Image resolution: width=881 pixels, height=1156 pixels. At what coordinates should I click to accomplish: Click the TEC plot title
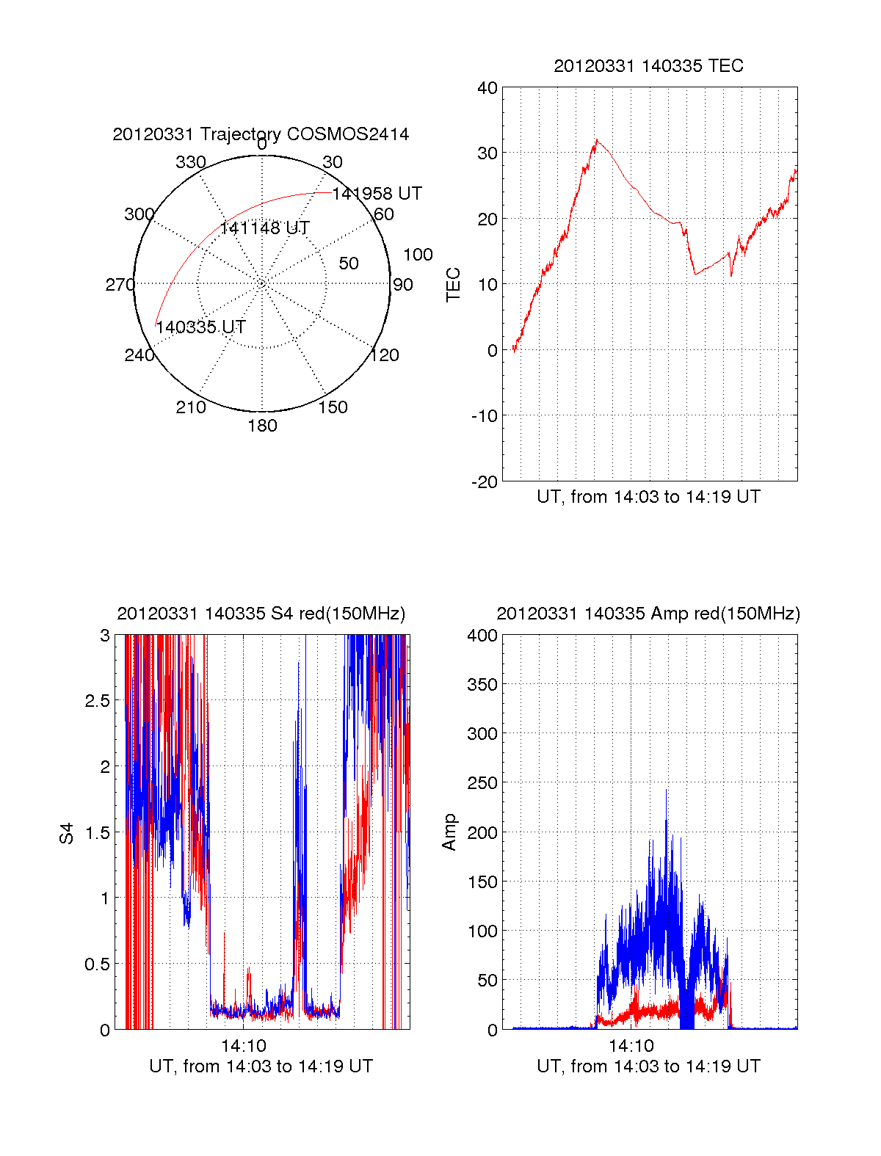(x=648, y=66)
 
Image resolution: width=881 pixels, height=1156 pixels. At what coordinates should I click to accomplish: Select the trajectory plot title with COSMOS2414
(x=261, y=134)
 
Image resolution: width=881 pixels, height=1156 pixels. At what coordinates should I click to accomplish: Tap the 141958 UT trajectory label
(x=377, y=194)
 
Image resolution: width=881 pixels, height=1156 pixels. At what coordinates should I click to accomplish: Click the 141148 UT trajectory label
(x=264, y=228)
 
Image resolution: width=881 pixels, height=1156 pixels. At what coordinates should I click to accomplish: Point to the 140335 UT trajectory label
(x=200, y=327)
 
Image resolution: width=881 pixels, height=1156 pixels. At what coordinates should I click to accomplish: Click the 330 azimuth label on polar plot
(x=190, y=162)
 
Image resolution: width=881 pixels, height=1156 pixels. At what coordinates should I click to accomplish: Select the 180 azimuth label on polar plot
(x=262, y=426)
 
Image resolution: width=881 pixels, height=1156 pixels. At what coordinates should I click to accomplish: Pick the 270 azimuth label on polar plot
(x=120, y=285)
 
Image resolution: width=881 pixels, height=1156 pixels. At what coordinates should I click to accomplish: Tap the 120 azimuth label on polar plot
(x=384, y=355)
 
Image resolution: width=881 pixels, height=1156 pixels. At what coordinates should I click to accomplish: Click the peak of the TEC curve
(x=596, y=139)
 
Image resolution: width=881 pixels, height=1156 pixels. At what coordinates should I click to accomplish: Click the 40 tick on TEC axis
(x=487, y=88)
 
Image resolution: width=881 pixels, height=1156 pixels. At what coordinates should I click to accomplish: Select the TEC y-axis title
(x=453, y=285)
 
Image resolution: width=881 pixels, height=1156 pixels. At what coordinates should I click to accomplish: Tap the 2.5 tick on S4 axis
(x=98, y=701)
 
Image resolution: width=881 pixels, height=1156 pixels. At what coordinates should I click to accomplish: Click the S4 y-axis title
(x=67, y=833)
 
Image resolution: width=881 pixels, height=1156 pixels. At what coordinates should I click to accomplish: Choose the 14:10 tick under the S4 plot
(x=244, y=1046)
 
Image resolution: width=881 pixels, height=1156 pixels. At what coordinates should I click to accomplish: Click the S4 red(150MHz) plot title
(x=261, y=614)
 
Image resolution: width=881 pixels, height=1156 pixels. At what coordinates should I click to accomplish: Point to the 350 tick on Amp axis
(x=482, y=685)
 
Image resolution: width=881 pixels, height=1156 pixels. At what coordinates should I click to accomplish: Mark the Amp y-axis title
(x=449, y=832)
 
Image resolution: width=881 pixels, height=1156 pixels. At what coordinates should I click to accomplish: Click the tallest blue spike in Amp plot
(x=666, y=790)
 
